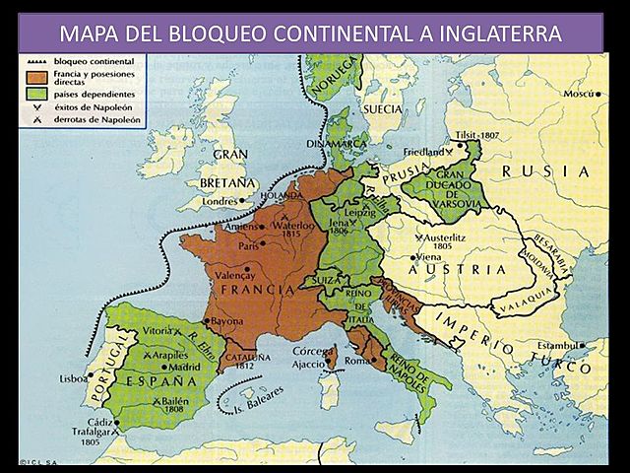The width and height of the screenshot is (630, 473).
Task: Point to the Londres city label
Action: pyautogui.click(x=220, y=201)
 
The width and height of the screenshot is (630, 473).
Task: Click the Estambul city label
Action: pyautogui.click(x=556, y=346)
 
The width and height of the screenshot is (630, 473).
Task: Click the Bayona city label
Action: pyautogui.click(x=228, y=321)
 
